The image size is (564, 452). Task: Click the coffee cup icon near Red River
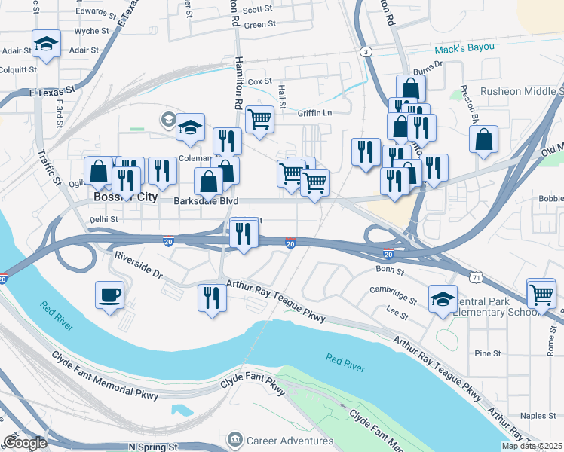tap(109, 294)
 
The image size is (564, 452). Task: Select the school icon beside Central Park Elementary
tap(443, 298)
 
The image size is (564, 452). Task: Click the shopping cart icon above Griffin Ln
tap(259, 118)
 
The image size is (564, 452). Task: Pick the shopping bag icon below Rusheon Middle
tap(483, 139)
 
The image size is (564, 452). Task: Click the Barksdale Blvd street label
tap(206, 201)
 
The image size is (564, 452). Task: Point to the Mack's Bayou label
tap(464, 47)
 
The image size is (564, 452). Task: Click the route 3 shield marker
tap(366, 51)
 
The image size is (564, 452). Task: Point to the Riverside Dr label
tap(138, 266)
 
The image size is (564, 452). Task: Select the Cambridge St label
tap(393, 294)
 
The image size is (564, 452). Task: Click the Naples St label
tap(538, 415)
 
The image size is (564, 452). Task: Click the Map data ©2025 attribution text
tap(532, 446)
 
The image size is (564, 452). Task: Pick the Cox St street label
tap(259, 81)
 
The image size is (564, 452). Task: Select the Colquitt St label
tap(18, 69)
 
